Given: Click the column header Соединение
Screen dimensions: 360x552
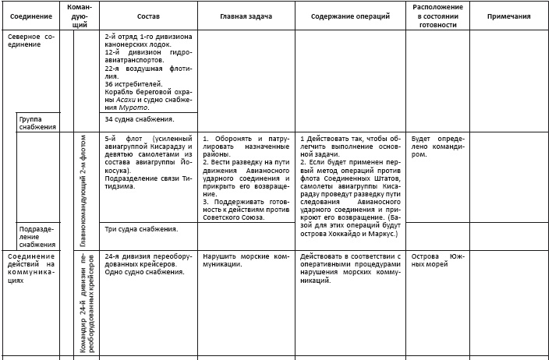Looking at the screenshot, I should [x=32, y=16].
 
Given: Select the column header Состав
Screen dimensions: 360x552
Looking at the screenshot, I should [x=147, y=16].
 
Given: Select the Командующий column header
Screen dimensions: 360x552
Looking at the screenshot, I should [x=80, y=16].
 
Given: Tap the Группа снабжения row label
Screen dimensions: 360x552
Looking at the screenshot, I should [x=37, y=122].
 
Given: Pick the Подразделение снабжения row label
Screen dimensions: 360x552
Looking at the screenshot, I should [x=37, y=237].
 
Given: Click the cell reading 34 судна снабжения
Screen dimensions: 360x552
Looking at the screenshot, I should [x=139, y=119].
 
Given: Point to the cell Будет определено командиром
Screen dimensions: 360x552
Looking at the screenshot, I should [x=437, y=145].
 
